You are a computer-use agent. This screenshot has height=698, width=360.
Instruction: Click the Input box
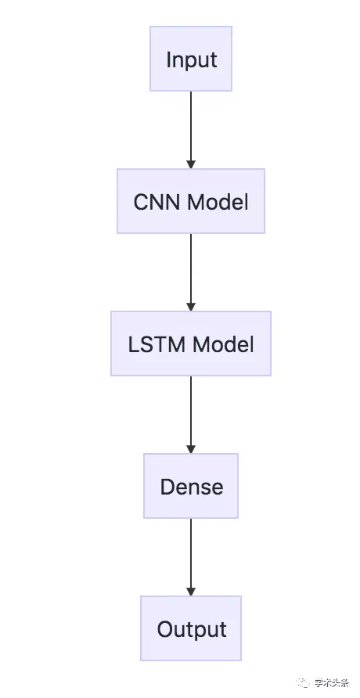pos(191,59)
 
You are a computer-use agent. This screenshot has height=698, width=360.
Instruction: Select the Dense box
pos(191,486)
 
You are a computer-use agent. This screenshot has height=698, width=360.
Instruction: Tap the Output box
pos(191,628)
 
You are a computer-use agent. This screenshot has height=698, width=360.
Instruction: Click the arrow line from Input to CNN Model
pos(191,125)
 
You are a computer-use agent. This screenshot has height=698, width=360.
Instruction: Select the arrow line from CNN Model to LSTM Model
pos(191,268)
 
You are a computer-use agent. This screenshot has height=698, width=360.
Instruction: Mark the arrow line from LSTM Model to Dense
pos(191,410)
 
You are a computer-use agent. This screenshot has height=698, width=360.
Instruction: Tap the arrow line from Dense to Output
pos(191,552)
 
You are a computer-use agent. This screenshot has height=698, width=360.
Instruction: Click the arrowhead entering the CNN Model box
pos(191,164)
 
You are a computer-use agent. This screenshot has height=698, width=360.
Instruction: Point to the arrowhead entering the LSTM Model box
pos(191,306)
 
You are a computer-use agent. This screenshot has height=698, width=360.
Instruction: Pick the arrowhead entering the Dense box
pos(191,448)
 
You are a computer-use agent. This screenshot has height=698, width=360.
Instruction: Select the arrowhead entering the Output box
pos(191,591)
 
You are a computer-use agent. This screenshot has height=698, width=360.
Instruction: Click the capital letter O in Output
pos(165,629)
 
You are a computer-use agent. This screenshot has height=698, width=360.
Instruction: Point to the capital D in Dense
pos(167,487)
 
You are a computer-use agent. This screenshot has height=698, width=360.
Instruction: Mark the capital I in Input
pos(168,59)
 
